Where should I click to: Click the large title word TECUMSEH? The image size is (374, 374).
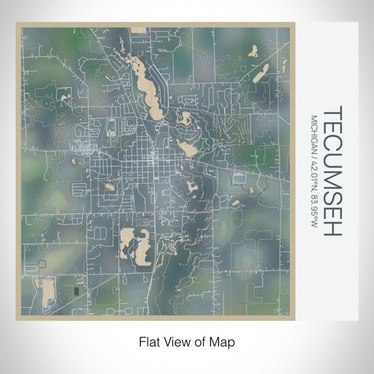[x=331, y=171]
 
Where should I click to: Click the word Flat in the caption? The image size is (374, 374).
[x=150, y=341]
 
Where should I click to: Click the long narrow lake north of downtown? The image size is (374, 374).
[x=145, y=84]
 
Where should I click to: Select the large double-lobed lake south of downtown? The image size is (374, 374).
[x=136, y=244]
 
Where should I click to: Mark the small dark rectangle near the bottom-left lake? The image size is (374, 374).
[x=76, y=292]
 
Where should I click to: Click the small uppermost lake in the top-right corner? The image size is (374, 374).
[x=253, y=50]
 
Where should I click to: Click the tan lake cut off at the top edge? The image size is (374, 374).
[x=138, y=31]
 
